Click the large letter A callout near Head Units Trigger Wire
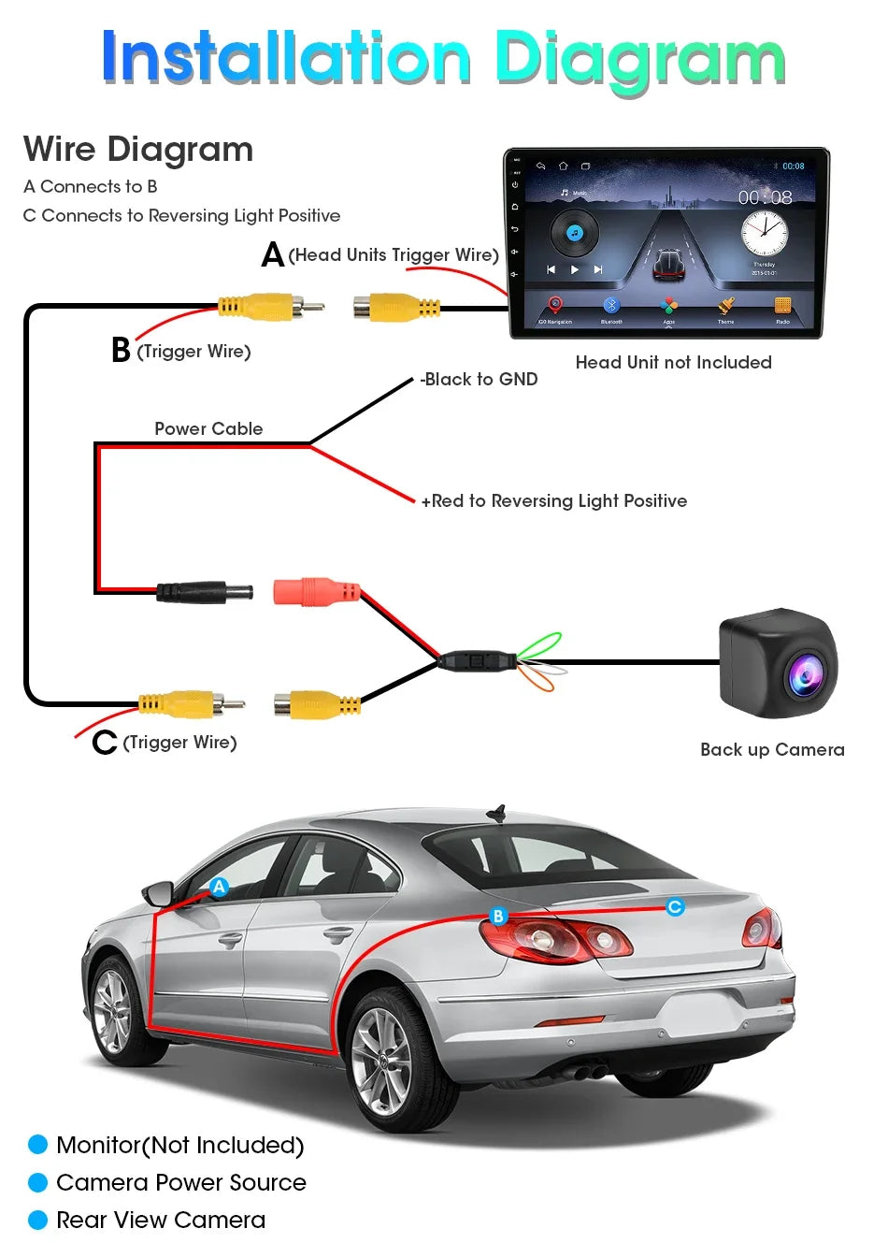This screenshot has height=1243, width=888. [272, 253]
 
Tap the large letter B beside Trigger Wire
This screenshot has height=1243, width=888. [121, 350]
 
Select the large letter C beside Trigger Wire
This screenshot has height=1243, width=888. [105, 743]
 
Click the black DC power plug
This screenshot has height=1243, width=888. [205, 591]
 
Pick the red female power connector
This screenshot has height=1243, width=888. [316, 591]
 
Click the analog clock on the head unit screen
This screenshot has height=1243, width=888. [764, 233]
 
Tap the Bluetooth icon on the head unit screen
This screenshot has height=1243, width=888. [611, 306]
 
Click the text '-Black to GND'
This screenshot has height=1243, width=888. [479, 379]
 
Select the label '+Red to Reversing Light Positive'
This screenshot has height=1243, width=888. [553, 500]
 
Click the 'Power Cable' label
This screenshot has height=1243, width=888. [208, 428]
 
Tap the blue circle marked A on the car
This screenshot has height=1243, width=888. [219, 887]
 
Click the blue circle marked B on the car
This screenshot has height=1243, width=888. [498, 916]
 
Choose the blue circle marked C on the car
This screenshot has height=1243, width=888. [675, 906]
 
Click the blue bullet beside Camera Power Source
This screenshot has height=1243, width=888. [38, 1182]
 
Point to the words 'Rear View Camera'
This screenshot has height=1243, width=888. [161, 1220]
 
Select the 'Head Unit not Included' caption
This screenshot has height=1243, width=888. [673, 362]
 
